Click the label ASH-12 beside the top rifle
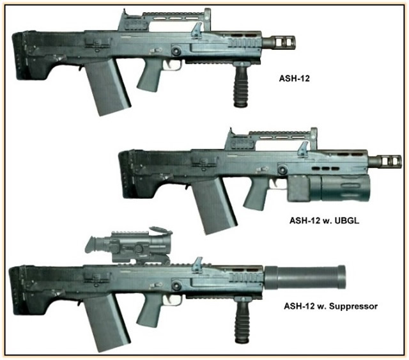click(294, 78)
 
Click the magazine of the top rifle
click(107, 86)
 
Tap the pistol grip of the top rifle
click(149, 74)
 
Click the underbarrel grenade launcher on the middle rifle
click(329, 188)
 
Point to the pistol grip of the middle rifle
click(256, 194)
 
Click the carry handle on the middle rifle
click(271, 139)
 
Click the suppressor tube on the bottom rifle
click(305, 278)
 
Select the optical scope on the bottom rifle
click(128, 245)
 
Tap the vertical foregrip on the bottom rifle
click(243, 320)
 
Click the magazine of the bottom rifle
click(107, 322)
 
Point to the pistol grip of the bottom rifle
click(149, 309)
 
